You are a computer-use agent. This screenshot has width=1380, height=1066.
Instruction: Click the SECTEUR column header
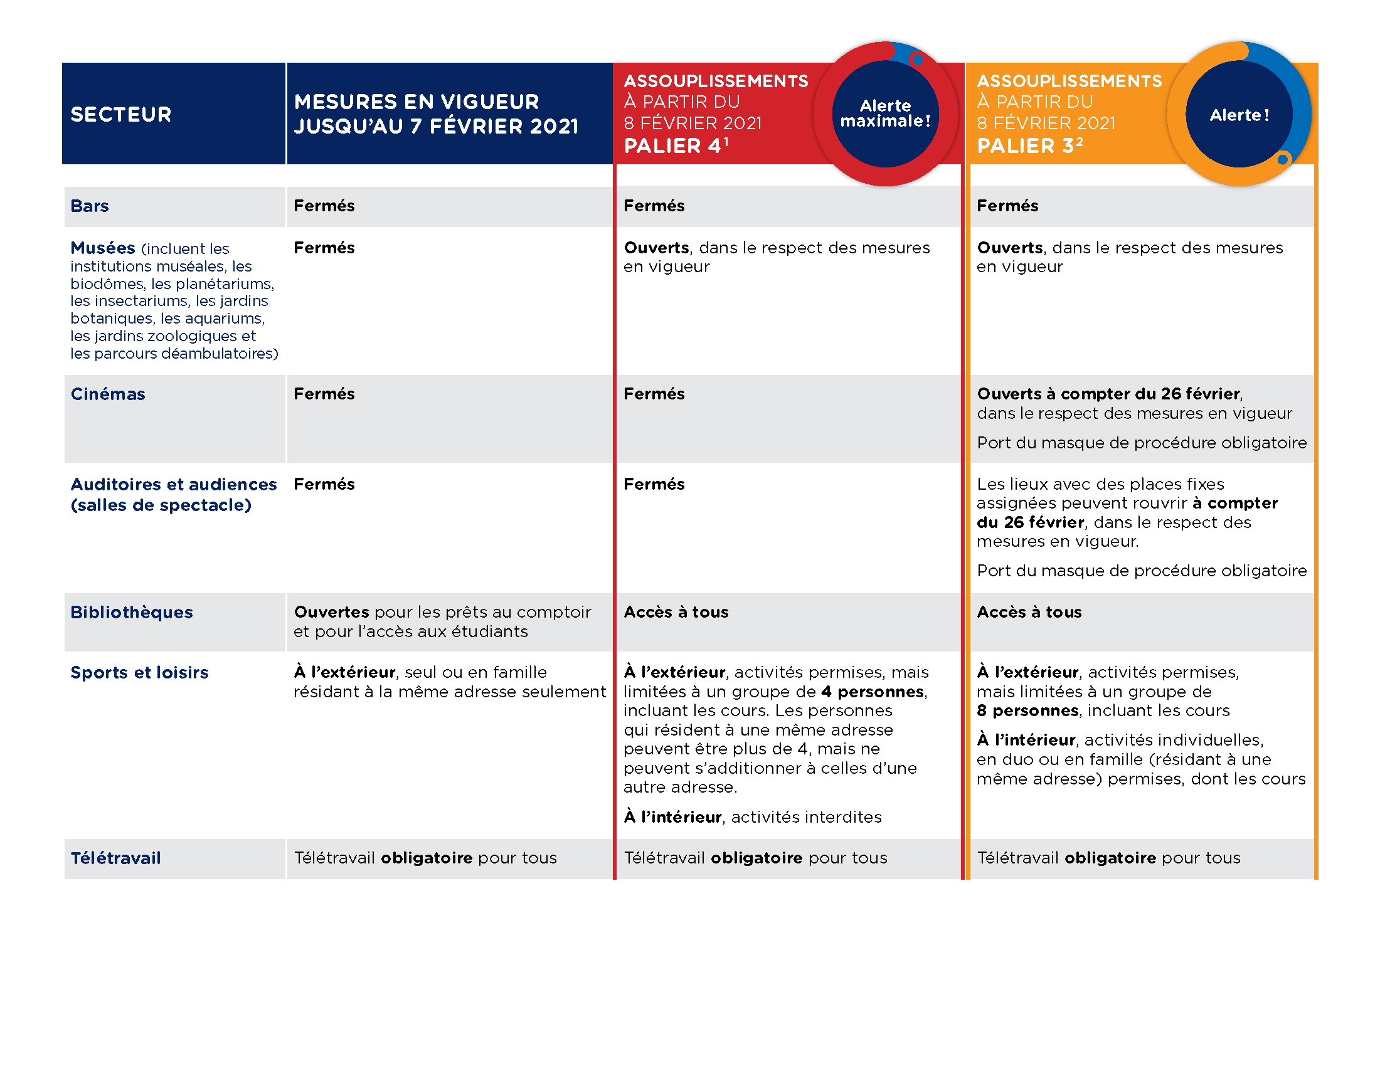click(120, 114)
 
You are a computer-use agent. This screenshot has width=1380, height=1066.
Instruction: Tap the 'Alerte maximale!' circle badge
click(885, 113)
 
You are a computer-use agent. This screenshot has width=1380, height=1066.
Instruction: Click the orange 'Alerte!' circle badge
click(1238, 114)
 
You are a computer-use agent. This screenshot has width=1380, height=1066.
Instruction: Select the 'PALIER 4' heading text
click(676, 146)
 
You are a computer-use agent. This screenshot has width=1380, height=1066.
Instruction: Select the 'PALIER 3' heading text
click(1029, 146)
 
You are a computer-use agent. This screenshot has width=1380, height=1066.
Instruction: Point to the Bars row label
click(90, 206)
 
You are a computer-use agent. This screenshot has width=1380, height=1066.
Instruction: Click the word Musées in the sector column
click(102, 248)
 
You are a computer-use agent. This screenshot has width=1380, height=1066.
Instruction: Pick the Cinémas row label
click(107, 394)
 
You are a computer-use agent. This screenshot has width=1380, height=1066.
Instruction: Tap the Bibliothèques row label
click(132, 612)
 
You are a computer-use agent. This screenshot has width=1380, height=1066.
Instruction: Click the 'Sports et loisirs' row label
click(139, 673)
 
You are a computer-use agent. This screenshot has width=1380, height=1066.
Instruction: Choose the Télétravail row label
click(115, 858)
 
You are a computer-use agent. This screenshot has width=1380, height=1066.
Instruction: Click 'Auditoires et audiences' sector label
click(173, 484)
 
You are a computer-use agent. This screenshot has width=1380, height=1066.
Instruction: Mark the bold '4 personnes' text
click(873, 692)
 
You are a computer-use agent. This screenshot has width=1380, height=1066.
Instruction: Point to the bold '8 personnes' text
click(1027, 710)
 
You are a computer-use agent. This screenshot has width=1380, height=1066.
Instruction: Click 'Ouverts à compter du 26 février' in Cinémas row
click(1108, 393)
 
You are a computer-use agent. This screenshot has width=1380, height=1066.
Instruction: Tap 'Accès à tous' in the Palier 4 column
click(676, 612)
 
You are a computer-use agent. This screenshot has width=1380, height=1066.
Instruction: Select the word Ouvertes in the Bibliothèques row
click(331, 612)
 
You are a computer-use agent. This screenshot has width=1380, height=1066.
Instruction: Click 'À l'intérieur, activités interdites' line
click(753, 817)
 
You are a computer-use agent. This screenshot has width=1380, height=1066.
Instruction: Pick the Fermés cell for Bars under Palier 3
click(1007, 206)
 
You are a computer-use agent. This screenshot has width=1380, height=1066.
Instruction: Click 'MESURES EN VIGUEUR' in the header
click(417, 102)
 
